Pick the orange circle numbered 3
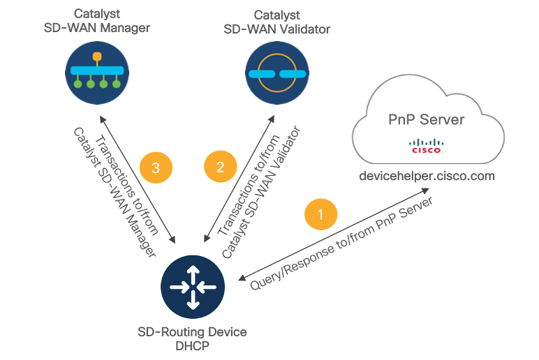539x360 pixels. pos(156,167)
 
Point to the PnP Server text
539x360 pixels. pos(426,119)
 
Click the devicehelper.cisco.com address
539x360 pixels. pos(426,176)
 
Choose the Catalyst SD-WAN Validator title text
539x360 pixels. pos(276,22)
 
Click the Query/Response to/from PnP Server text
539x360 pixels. pos(342,241)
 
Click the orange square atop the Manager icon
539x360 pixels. pos(96,56)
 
